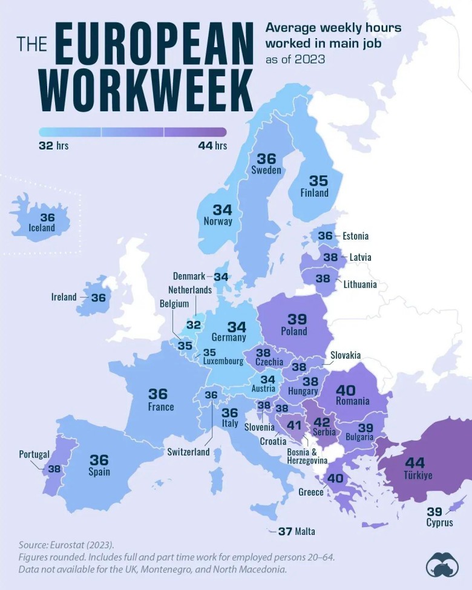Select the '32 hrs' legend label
54,146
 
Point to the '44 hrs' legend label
212,146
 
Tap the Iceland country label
41,228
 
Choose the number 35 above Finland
318,180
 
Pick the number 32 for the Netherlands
193,324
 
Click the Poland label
293,331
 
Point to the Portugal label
34,454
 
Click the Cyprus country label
439,522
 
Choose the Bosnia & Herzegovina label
310,456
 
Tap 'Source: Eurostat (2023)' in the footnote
66,544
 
